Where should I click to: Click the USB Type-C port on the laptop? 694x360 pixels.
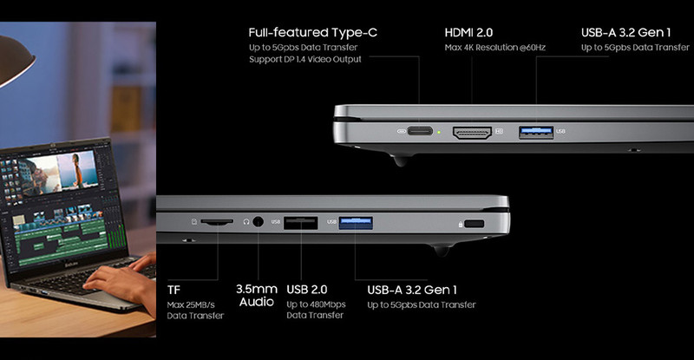click(x=420, y=131)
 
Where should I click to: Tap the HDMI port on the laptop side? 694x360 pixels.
click(x=472, y=133)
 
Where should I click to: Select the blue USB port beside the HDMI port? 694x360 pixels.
click(x=536, y=132)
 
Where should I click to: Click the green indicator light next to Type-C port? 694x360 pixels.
click(x=439, y=132)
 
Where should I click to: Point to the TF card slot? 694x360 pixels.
click(x=217, y=221)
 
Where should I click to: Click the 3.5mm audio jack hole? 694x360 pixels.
click(x=258, y=221)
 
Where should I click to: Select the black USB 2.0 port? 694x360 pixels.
click(x=300, y=223)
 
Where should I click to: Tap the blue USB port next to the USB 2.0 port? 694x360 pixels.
click(x=356, y=223)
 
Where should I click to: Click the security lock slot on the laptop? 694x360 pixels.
click(x=475, y=224)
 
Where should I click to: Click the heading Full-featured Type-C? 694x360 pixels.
click(x=313, y=33)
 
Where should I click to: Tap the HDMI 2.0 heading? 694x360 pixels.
click(x=468, y=33)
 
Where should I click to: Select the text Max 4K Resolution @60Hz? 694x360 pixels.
click(x=495, y=48)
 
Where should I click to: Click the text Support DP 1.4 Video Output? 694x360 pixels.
click(x=305, y=59)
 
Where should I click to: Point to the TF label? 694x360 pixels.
click(x=174, y=290)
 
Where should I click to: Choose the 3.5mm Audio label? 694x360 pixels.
click(x=257, y=296)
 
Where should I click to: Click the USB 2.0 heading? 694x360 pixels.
click(x=307, y=290)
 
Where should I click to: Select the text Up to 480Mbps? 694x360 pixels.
click(x=316, y=304)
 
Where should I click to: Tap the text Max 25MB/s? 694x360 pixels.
click(x=191, y=304)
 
